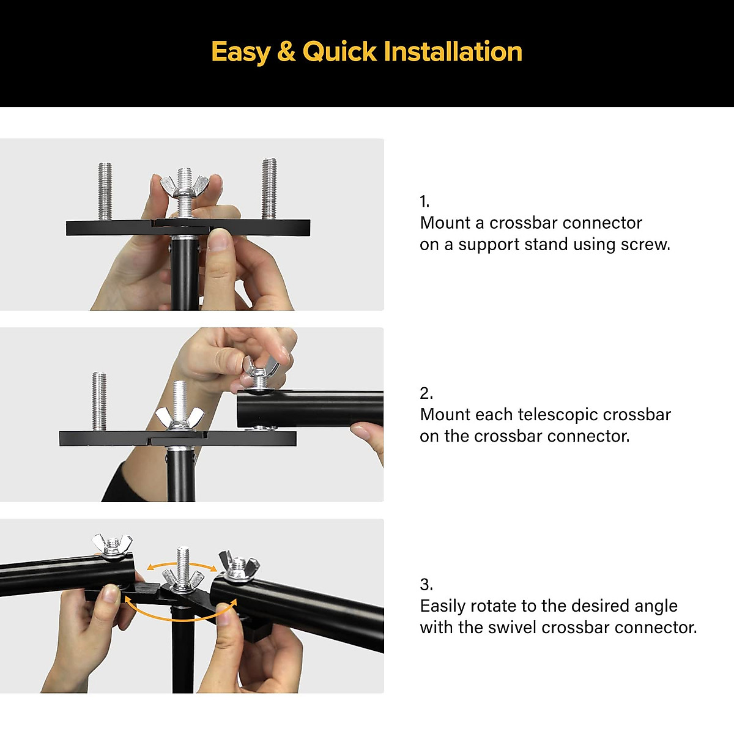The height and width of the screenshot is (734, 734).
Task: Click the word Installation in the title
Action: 453,51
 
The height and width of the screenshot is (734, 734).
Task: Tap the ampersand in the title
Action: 286,51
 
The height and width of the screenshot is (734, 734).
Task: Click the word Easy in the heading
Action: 240,53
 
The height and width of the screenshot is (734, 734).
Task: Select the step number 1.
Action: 424,201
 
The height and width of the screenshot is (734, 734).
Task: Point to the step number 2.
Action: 426,393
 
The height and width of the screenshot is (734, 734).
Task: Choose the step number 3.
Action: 426,584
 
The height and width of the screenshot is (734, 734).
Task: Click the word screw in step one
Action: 644,245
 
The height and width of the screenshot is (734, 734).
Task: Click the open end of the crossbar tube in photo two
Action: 245,409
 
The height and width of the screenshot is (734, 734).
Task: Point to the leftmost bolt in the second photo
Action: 99,401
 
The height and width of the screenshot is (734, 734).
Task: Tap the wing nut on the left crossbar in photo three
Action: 112,544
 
